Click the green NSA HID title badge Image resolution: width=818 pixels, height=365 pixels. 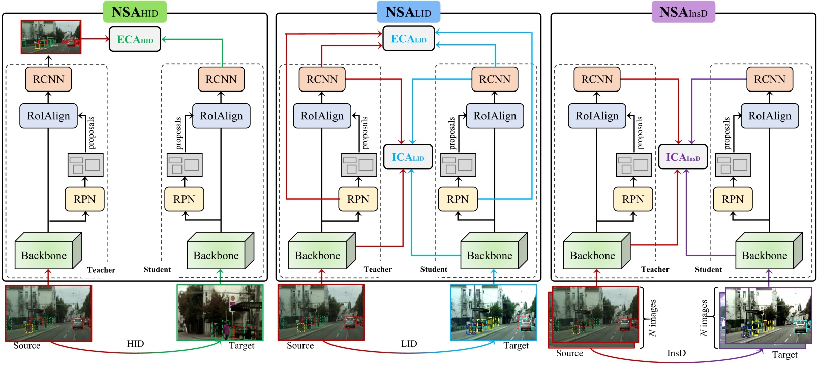[135, 12]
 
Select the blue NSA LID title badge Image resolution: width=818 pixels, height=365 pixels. [408, 12]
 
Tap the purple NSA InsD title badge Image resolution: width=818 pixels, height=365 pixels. [683, 12]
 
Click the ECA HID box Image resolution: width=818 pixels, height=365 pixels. [135, 39]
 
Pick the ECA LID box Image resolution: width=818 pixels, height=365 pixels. [408, 39]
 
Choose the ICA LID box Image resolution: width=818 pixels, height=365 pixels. [408, 157]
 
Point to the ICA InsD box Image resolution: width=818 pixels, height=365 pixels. [683, 157]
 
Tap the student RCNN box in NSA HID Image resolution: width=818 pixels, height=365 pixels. [221, 79]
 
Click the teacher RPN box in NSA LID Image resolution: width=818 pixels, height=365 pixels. [358, 199]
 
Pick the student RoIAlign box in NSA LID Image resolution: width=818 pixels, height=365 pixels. [495, 116]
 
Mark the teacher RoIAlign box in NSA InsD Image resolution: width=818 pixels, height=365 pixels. [597, 116]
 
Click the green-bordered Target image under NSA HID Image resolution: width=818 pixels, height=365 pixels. [220, 312]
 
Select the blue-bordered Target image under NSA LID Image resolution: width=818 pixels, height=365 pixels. [493, 312]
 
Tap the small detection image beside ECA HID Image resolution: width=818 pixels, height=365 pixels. [51, 37]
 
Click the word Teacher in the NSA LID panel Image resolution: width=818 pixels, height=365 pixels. [378, 269]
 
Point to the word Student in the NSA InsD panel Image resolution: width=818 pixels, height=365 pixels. [708, 269]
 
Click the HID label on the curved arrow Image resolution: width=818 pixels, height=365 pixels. [135, 344]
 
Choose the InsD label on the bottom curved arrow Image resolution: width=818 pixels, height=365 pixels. [676, 353]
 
